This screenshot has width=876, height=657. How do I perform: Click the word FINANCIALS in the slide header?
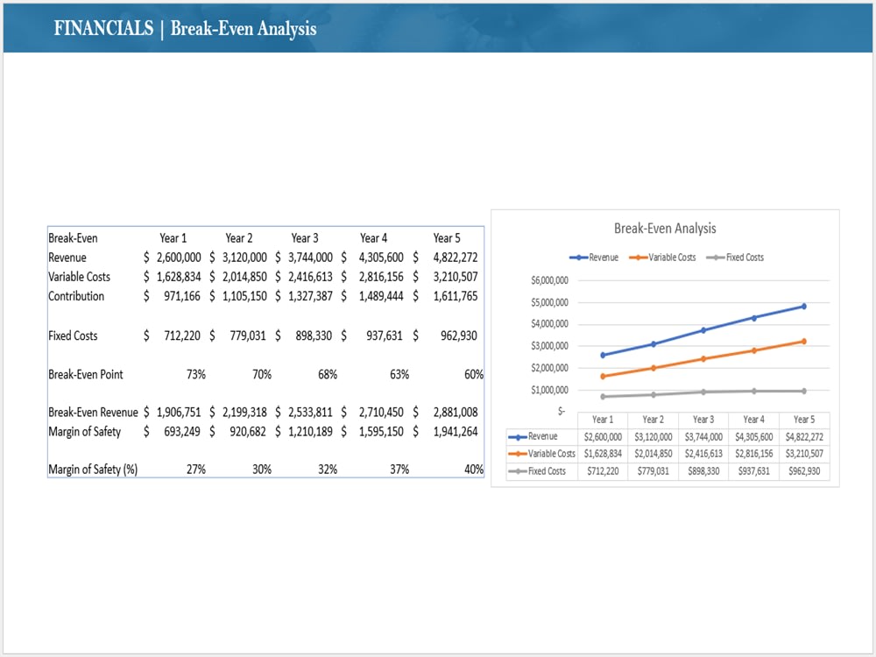click(103, 28)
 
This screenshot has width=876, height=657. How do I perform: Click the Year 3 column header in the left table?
click(305, 238)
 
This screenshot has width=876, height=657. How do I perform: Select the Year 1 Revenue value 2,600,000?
click(179, 258)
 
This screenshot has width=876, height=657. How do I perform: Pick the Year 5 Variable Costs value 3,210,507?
click(456, 277)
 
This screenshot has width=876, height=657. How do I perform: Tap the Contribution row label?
click(76, 296)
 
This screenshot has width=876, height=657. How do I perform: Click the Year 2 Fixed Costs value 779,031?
click(248, 336)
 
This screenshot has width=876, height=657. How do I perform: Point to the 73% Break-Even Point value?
click(196, 374)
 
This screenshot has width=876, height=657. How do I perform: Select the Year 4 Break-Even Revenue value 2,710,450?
click(381, 413)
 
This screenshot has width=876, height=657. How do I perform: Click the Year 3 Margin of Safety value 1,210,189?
click(310, 432)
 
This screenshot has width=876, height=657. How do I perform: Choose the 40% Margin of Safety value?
click(474, 470)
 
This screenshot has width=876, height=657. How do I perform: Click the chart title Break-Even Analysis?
click(665, 228)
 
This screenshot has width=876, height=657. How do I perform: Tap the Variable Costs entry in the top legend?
click(672, 258)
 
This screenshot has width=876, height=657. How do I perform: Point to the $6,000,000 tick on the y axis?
click(550, 280)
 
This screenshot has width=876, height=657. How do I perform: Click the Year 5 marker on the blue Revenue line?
click(804, 306)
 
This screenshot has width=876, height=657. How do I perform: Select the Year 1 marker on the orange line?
click(603, 377)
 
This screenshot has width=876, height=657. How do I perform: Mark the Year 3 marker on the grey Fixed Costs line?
click(703, 392)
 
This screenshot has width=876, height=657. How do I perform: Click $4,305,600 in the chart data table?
click(753, 437)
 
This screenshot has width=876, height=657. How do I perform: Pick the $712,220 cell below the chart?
click(603, 471)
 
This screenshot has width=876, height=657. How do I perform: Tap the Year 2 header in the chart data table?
click(653, 420)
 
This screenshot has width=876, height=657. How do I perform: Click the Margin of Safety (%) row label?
click(93, 470)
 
